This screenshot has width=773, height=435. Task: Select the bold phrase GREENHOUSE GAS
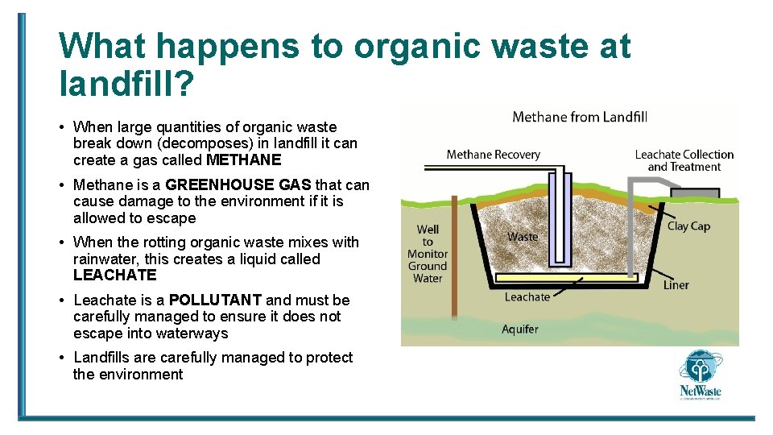(238, 185)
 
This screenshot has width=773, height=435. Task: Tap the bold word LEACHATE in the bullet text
(114, 275)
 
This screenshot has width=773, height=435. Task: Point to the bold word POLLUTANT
(215, 300)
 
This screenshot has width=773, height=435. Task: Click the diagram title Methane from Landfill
(580, 118)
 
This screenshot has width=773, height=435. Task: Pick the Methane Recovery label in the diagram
(493, 155)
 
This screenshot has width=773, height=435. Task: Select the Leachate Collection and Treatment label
(684, 160)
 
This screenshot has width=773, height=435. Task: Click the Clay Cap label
(688, 226)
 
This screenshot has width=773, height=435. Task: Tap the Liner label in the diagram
(676, 285)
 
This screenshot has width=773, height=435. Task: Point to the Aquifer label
(519, 329)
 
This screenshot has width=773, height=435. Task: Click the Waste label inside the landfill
(523, 237)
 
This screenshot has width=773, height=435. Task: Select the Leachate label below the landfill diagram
(527, 297)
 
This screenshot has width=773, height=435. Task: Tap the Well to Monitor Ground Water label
(428, 254)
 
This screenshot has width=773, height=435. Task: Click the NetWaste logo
(700, 375)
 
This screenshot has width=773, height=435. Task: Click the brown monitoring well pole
(454, 258)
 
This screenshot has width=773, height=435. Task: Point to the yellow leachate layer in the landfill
(564, 278)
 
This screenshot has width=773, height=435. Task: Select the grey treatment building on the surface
(694, 193)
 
